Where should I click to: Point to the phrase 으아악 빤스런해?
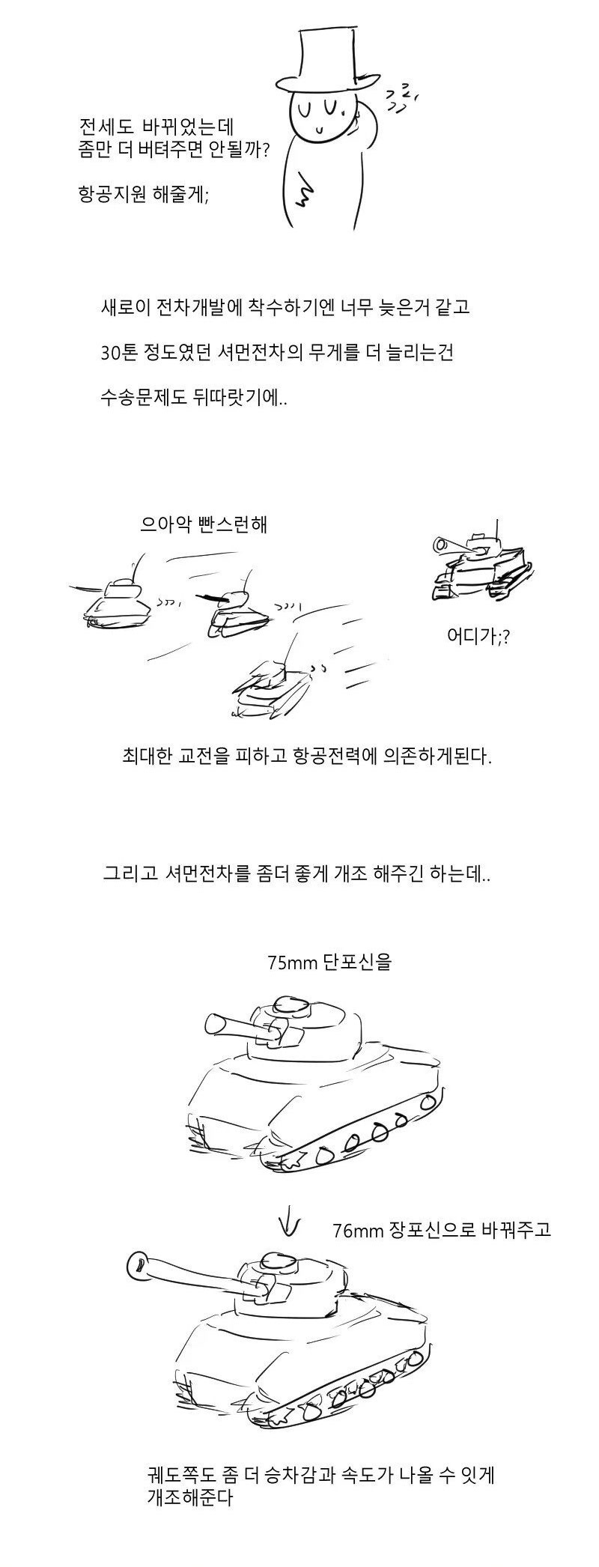204,524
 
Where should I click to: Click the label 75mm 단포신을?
329,961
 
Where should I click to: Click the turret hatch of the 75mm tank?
291,1004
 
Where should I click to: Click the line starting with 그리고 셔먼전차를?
297,873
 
